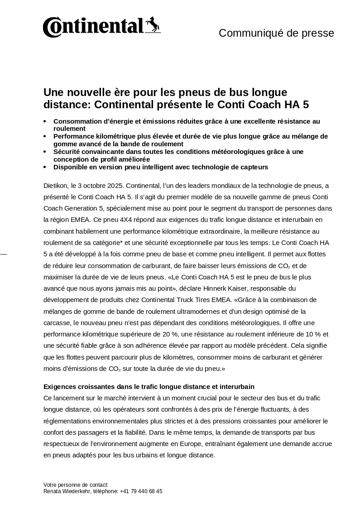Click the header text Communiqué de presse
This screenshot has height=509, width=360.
click(276, 33)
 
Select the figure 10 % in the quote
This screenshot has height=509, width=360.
click(312, 334)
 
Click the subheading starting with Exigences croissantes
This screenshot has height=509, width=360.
click(149, 387)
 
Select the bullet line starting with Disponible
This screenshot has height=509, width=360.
click(161, 167)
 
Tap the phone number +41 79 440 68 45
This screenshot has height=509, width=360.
click(141, 491)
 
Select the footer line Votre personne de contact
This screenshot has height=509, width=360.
click(76, 485)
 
